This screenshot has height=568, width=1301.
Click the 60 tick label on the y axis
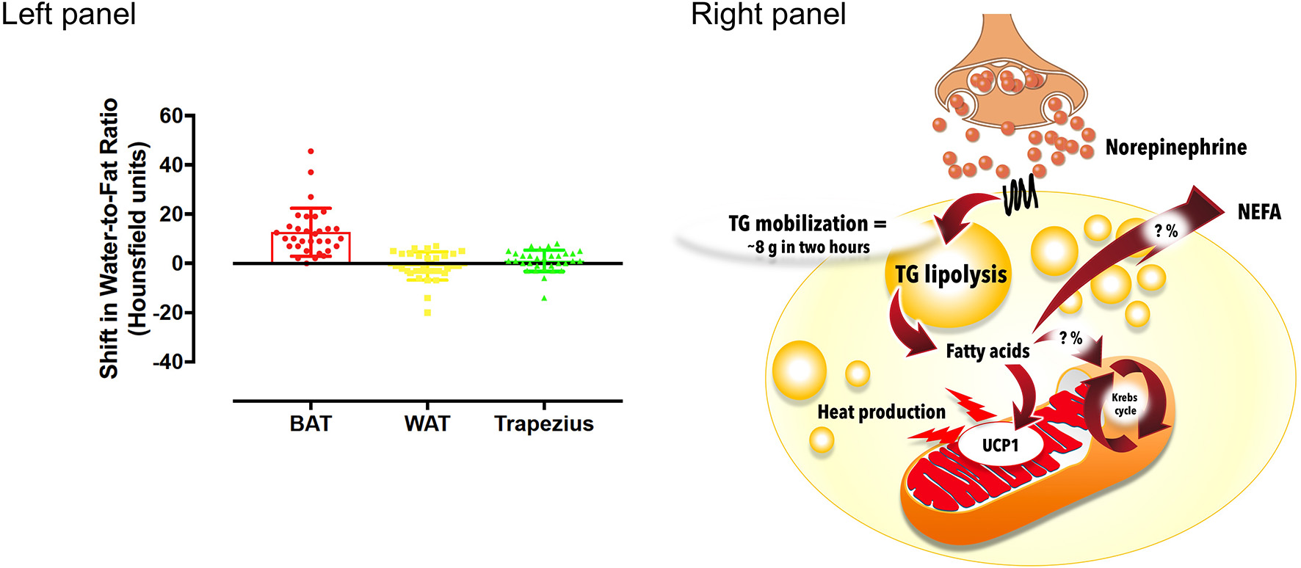click(x=171, y=116)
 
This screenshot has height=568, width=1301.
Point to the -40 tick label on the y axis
click(x=167, y=362)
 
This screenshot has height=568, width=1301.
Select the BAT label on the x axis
click(x=311, y=424)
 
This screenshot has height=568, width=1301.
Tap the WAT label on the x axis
click(x=427, y=424)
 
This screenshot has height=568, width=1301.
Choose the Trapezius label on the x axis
click(x=543, y=424)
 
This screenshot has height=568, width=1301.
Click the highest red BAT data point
click(x=311, y=151)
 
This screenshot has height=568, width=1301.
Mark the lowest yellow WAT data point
click(x=427, y=313)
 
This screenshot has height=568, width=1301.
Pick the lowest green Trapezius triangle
click(x=544, y=298)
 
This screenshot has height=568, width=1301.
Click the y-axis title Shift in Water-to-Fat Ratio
click(x=109, y=239)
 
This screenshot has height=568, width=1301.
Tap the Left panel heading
click(x=68, y=15)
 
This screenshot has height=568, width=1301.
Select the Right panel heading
click(x=768, y=15)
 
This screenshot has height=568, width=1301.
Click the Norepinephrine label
click(x=1175, y=148)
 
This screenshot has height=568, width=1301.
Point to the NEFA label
click(x=1258, y=213)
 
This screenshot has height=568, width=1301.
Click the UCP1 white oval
click(x=1000, y=445)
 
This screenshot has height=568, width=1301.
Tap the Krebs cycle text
click(x=1124, y=404)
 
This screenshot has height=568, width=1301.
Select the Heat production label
click(x=881, y=412)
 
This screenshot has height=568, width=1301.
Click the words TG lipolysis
click(x=951, y=274)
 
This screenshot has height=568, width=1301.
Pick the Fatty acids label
click(x=987, y=352)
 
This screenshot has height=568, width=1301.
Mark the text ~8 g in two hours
click(x=808, y=247)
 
